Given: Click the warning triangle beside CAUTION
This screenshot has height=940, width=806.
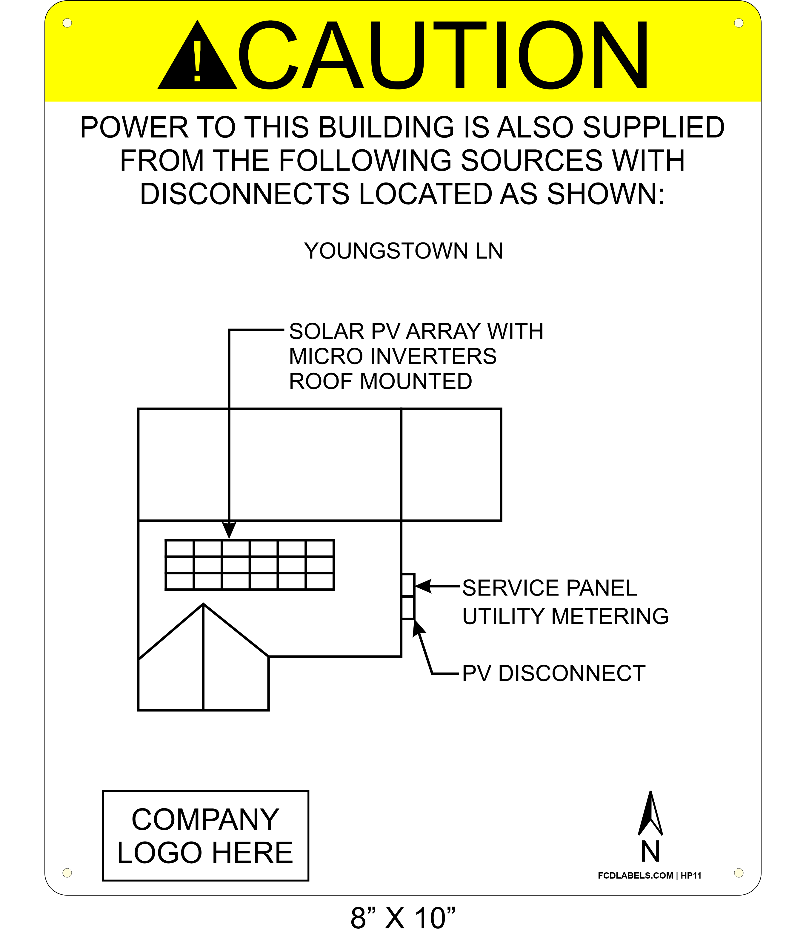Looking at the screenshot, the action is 197,55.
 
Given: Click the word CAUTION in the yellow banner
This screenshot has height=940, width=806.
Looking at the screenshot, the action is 444,55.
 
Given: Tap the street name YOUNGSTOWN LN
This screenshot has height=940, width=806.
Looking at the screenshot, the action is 404,251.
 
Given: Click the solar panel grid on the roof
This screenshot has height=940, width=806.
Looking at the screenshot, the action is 250,565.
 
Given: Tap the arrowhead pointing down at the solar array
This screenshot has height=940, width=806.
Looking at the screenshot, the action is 229,529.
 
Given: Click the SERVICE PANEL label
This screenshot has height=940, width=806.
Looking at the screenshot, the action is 550,588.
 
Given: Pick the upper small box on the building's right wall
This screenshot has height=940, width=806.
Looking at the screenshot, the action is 408,585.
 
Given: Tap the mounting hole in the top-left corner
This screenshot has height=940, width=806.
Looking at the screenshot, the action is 67,23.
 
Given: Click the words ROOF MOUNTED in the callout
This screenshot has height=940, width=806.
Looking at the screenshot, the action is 381,381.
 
